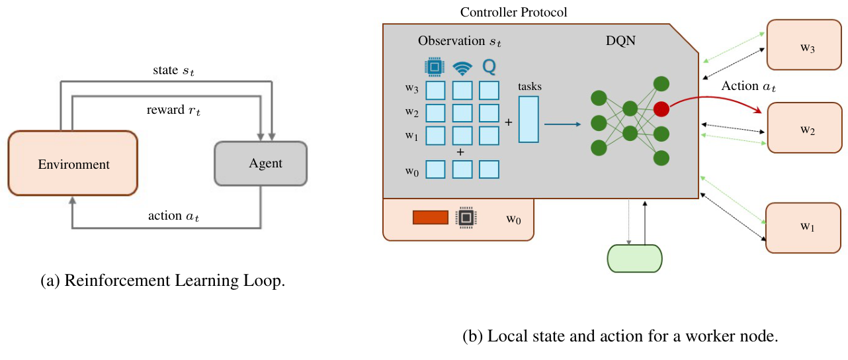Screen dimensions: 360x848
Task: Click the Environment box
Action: click(x=73, y=163)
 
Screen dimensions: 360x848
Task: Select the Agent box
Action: click(x=261, y=163)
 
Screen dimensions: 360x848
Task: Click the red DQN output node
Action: click(x=661, y=109)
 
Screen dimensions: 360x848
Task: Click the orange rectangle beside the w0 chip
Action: click(x=431, y=217)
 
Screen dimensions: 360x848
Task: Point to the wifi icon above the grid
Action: click(x=462, y=67)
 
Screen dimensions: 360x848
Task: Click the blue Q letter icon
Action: click(x=489, y=67)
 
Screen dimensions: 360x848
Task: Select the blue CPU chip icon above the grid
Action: click(x=435, y=67)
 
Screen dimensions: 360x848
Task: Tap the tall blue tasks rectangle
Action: click(x=529, y=120)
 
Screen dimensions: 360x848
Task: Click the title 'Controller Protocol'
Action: click(x=513, y=12)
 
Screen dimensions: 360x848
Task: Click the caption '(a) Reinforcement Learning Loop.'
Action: click(x=163, y=281)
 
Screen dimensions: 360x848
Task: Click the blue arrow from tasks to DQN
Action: click(x=562, y=123)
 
